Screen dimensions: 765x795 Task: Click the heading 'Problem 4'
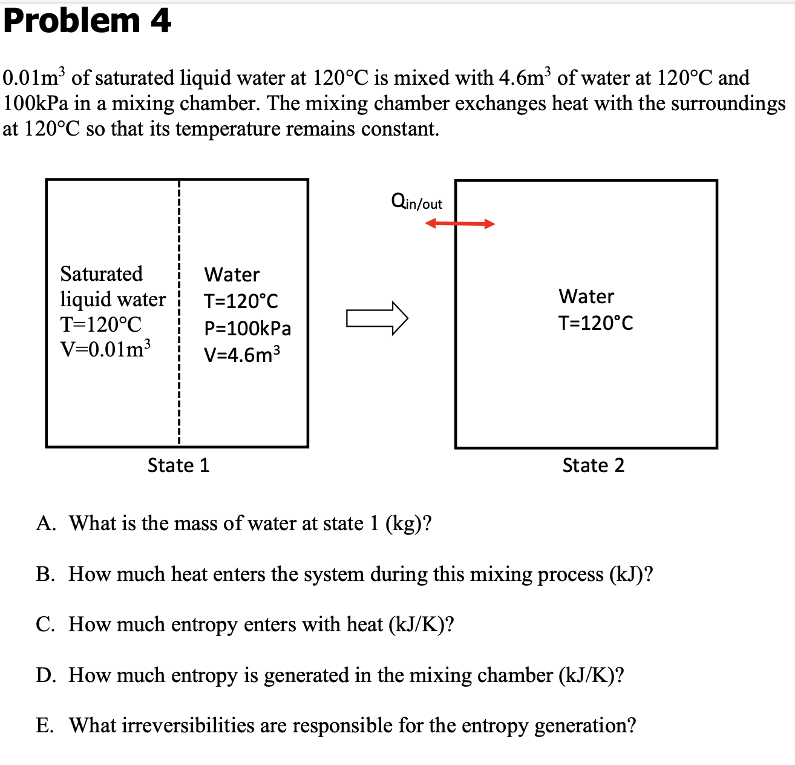(x=87, y=21)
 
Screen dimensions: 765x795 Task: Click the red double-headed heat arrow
(x=460, y=224)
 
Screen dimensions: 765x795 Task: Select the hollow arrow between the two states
(x=377, y=318)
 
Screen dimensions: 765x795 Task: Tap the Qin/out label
(x=417, y=202)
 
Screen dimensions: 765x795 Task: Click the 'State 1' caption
(x=178, y=465)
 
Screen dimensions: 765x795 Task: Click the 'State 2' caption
(x=593, y=465)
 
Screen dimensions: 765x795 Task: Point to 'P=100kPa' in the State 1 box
(x=247, y=328)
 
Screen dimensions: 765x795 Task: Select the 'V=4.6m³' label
(x=242, y=354)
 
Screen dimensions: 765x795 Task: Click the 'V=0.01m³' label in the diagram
(x=105, y=349)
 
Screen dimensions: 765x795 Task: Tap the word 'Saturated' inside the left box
(x=102, y=274)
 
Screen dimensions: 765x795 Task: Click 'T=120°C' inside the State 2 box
(x=595, y=323)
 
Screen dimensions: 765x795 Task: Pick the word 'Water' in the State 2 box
(x=586, y=297)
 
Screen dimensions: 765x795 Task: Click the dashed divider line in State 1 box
(x=179, y=387)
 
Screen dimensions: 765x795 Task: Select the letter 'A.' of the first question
(x=46, y=524)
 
